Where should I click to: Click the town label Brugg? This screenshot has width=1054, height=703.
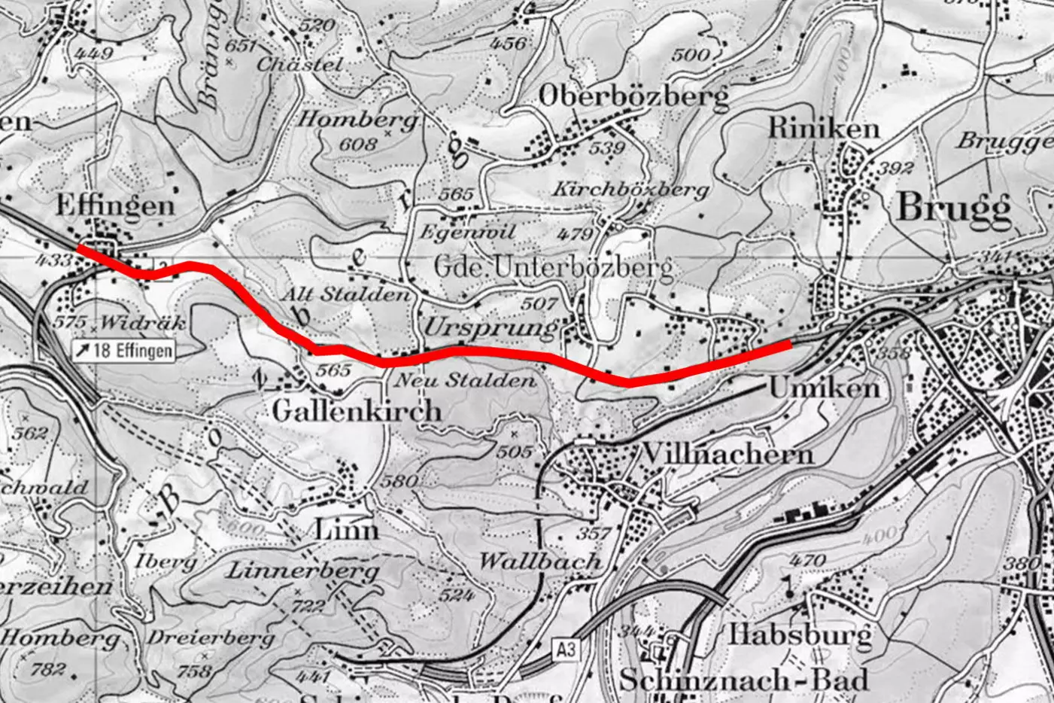pos(953,208)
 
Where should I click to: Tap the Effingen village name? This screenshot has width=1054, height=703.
pos(115,205)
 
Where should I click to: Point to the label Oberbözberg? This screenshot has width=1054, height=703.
pos(633,96)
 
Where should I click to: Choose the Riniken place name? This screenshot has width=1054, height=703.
pos(823,129)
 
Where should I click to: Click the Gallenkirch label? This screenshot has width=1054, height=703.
pos(357,412)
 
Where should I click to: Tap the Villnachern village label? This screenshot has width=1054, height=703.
pos(727,455)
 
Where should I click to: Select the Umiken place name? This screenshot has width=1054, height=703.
pos(824,388)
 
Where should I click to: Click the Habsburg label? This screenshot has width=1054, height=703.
pos(800,634)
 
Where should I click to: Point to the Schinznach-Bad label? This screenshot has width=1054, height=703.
pos(743,680)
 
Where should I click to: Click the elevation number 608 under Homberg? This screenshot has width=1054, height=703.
pos(357,143)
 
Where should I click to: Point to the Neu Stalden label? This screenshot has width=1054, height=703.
pos(464,380)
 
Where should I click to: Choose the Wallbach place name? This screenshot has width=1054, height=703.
pos(540,561)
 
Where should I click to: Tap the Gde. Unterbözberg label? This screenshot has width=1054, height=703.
pos(553,267)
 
